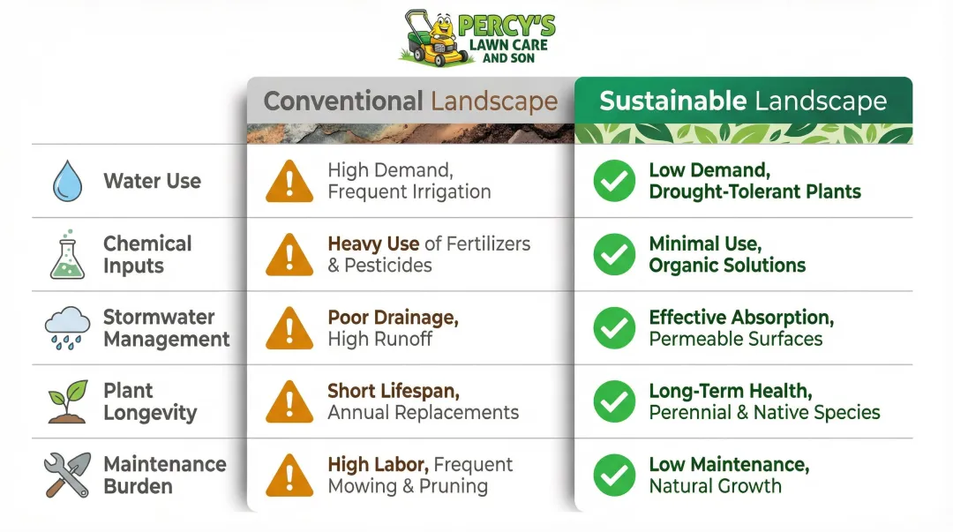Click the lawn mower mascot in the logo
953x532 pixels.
pyautogui.click(x=435, y=40)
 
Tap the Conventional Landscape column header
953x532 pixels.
pyautogui.click(x=410, y=101)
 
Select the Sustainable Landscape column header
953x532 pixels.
pyautogui.click(x=743, y=101)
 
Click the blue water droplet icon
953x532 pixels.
pyautogui.click(x=67, y=182)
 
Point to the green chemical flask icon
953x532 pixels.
pyautogui.click(x=67, y=255)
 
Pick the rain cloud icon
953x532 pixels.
pyautogui.click(x=67, y=328)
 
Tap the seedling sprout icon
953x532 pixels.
pyautogui.click(x=67, y=401)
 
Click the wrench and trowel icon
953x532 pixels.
pyautogui.click(x=67, y=475)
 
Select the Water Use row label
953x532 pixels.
pyautogui.click(x=152, y=182)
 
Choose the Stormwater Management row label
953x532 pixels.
pyautogui.click(x=166, y=328)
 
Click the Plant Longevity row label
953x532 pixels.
pyautogui.click(x=150, y=401)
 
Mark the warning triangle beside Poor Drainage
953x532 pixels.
pyautogui.click(x=289, y=328)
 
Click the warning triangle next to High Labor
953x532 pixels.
pyautogui.click(x=289, y=475)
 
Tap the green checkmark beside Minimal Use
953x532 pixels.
pyautogui.click(x=614, y=255)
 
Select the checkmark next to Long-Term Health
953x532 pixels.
pyautogui.click(x=614, y=401)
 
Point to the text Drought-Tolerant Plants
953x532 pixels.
pyautogui.click(x=754, y=191)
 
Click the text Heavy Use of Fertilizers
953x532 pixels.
pyautogui.click(x=429, y=244)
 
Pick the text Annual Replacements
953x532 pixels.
pyautogui.click(x=423, y=412)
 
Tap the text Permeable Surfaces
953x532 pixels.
pyautogui.click(x=735, y=339)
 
